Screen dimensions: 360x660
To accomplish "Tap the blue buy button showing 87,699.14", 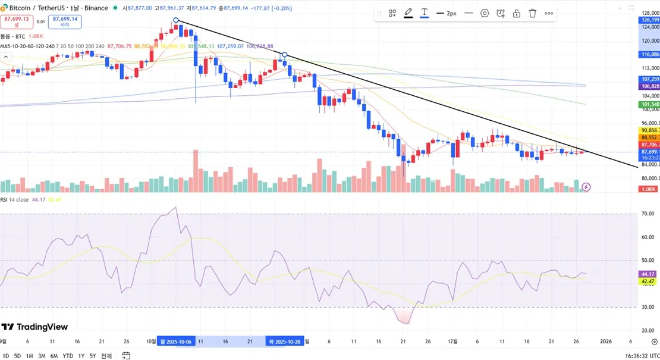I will (x=65, y=21).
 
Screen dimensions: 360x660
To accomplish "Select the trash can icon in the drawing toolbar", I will (x=533, y=13).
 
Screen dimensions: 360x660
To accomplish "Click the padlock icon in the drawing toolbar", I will (x=517, y=13).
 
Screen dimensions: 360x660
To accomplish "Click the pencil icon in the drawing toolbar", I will (x=408, y=13).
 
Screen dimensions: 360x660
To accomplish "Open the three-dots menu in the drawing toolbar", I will (x=549, y=13).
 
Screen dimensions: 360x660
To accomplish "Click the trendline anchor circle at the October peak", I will (x=176, y=20).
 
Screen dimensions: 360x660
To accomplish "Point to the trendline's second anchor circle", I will (x=285, y=55).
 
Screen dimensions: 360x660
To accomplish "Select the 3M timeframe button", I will (x=42, y=356).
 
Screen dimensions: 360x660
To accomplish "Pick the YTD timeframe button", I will (x=68, y=356).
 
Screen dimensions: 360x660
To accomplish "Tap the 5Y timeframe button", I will (x=93, y=356).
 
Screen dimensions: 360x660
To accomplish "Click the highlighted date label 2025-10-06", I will (x=176, y=342).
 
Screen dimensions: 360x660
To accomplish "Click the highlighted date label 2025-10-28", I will (x=285, y=342).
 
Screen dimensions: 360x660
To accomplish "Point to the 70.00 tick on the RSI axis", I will (x=648, y=214).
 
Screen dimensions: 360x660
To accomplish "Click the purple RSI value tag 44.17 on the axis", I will (x=648, y=274).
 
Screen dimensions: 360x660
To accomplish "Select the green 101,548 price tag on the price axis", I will (x=649, y=105).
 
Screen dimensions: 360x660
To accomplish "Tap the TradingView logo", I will (x=34, y=327).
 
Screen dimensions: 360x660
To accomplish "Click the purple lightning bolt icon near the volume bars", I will (x=586, y=187).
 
